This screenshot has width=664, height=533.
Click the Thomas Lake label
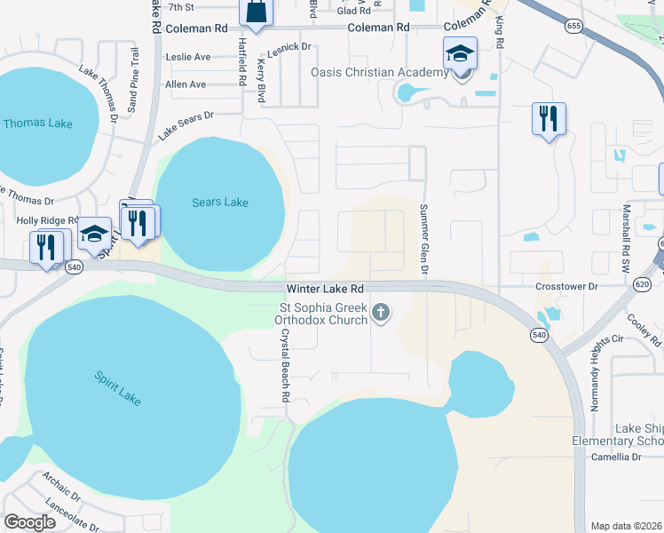[37, 123]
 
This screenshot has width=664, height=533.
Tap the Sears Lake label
[220, 203]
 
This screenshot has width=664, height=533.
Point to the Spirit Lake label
[117, 389]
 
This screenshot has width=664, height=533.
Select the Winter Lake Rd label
[325, 290]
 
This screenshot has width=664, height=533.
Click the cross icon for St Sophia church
[382, 312]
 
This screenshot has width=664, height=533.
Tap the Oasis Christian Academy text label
[379, 73]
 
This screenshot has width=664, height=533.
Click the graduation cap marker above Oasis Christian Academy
[461, 55]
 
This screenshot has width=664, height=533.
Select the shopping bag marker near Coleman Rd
[256, 12]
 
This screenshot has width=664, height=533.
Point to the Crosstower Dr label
[568, 287]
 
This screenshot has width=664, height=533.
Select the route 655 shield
[573, 27]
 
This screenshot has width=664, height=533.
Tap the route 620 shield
[643, 284]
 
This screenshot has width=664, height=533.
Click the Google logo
[30, 521]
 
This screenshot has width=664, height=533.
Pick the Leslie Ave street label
[189, 57]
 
